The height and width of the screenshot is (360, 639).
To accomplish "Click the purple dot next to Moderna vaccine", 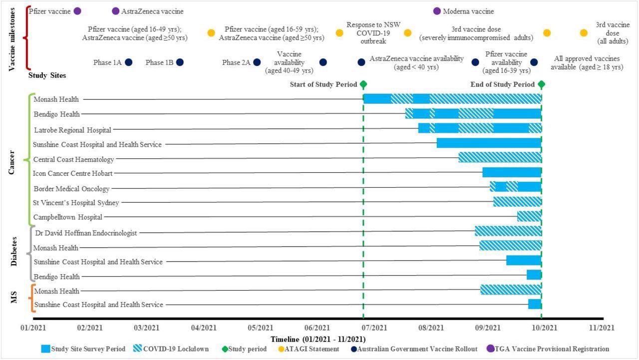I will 437,11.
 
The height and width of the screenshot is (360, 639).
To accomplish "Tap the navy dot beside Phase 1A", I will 128,62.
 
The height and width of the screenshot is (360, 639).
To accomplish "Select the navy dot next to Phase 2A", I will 257,62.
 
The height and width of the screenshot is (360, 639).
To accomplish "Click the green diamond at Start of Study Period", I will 363,85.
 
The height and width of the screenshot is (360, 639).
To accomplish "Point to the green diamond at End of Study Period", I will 542,85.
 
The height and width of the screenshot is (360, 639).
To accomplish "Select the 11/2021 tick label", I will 601,328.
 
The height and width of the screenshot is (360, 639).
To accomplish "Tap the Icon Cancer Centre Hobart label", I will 72,173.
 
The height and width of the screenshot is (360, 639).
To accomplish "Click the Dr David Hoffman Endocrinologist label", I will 86,233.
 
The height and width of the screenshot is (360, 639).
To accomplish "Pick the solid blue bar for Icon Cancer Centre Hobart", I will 512,172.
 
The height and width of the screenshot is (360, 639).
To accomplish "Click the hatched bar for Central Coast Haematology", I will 500,157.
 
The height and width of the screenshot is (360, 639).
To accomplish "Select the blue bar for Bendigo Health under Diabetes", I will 534,275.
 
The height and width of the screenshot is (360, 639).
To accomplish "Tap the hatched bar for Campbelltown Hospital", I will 529,216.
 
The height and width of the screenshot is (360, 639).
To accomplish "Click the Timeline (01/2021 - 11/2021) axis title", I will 318,339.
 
